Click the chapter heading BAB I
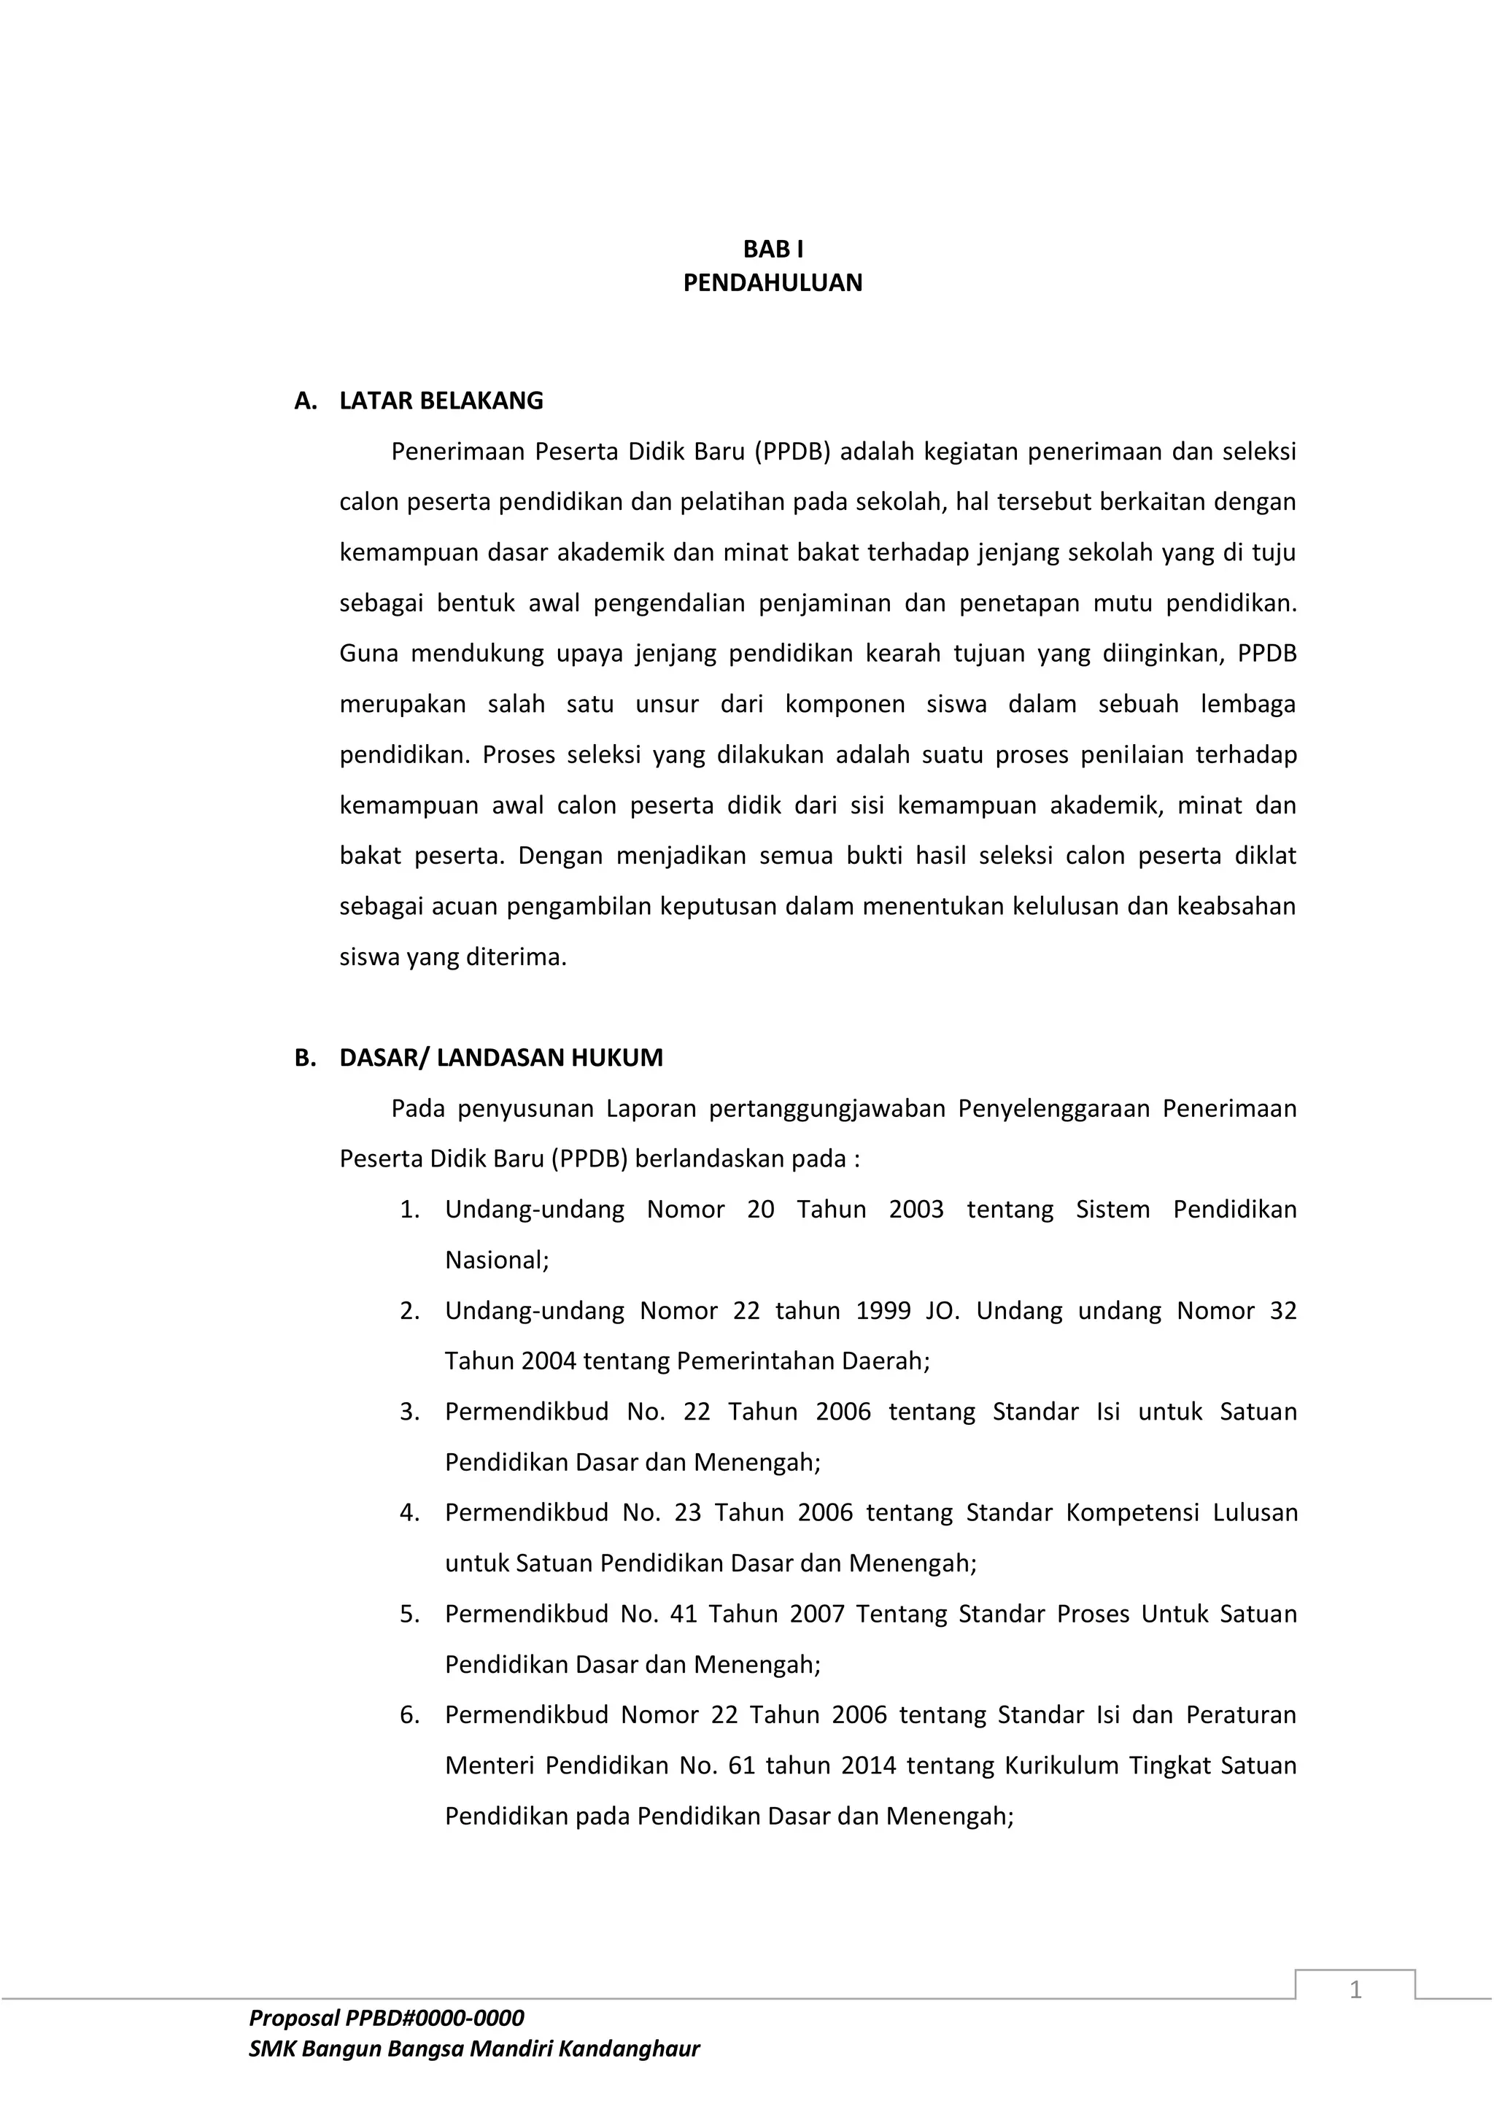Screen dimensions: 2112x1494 [x=773, y=250]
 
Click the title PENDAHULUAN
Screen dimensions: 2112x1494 [x=773, y=282]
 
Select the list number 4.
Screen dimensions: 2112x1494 [x=409, y=1512]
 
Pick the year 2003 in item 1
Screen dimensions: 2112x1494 [x=916, y=1209]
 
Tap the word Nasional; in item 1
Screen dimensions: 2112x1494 [x=497, y=1259]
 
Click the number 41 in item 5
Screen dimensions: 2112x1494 [x=684, y=1614]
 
